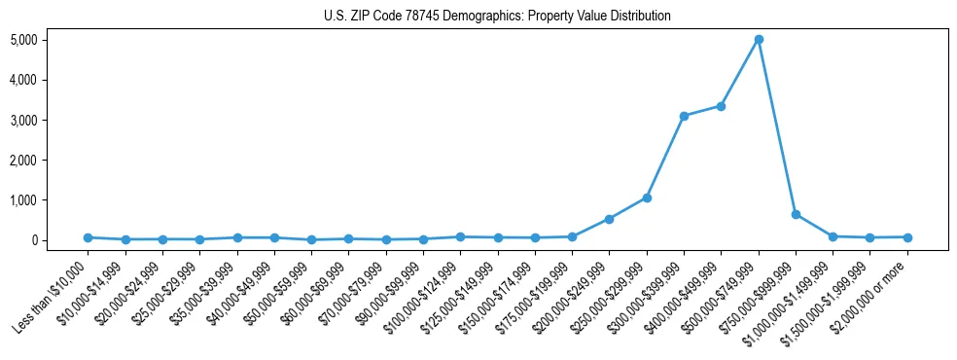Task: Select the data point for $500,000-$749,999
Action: tap(759, 40)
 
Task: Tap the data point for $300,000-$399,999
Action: tap(684, 116)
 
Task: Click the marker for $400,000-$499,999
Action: tap(721, 106)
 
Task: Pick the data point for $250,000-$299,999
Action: tap(647, 198)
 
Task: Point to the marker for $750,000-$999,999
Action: tap(796, 214)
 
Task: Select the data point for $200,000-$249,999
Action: tap(609, 219)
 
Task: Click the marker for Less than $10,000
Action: tap(88, 237)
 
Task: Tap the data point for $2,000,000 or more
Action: tap(907, 237)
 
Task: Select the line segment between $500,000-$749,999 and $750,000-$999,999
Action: tap(777, 126)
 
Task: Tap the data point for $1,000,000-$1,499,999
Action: tap(833, 236)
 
